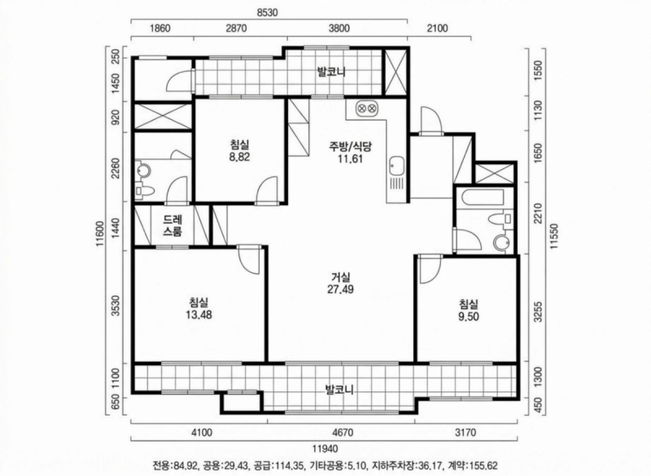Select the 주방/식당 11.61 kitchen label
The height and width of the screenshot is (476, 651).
coord(350,153)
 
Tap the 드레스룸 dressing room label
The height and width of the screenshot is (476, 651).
coord(172,225)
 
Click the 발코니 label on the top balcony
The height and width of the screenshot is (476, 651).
coord(333,72)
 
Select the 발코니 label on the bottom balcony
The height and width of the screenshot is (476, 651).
coord(338,388)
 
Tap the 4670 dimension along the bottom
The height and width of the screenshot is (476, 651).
coord(339,433)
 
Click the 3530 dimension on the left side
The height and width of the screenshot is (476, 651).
coord(116,305)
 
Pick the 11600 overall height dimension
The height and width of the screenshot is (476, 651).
coord(99,236)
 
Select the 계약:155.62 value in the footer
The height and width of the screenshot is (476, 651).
coord(471,466)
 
